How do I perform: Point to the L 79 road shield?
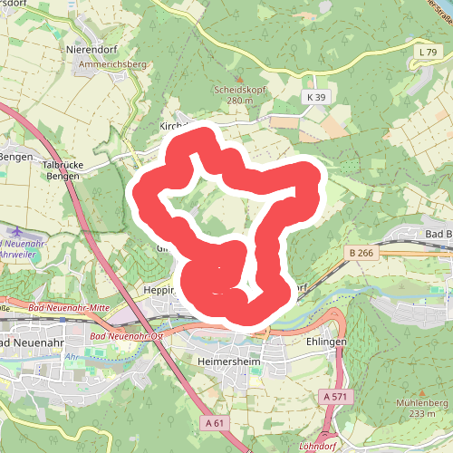point(429,54)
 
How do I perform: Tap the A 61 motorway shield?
point(214,422)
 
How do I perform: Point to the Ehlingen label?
point(327,342)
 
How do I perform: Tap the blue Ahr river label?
point(69,357)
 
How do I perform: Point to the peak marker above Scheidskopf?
point(234,78)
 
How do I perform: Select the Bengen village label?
point(15,156)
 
